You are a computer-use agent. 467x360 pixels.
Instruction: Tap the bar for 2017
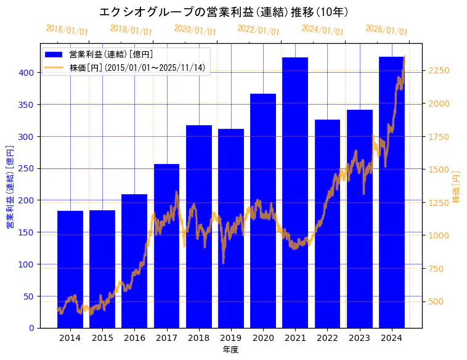click(166, 246)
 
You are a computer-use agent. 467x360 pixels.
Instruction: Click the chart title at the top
click(224, 12)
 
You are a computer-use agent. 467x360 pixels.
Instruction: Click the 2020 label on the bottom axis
click(263, 338)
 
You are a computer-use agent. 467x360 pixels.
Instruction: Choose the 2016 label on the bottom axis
click(134, 338)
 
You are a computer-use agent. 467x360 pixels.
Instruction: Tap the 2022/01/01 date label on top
click(258, 30)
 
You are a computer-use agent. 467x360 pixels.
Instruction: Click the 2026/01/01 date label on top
click(386, 30)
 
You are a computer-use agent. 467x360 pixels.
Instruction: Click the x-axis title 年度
click(230, 350)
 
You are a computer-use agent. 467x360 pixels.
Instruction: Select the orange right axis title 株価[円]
click(457, 187)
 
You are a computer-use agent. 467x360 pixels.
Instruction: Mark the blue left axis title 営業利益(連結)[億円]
click(10, 187)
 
